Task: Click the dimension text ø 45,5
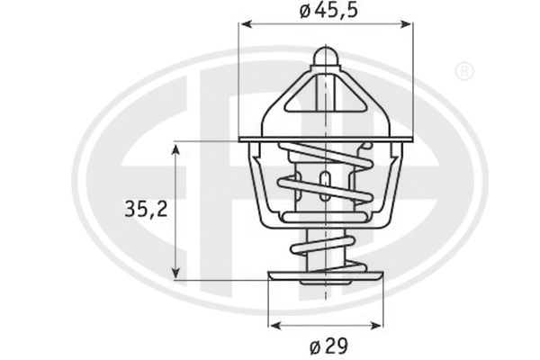pyautogui.click(x=325, y=12)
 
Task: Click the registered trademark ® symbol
pyautogui.click(x=463, y=70)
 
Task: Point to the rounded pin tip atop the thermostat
pyautogui.click(x=325, y=56)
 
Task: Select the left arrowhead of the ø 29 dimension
pyautogui.click(x=274, y=326)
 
